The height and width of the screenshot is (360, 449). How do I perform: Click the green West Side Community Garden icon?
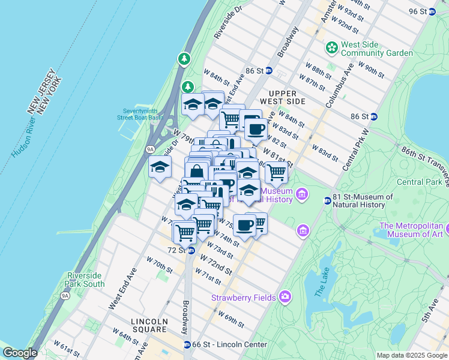331,47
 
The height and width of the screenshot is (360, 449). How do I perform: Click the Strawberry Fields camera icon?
285,297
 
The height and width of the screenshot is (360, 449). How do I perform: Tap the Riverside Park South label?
86,280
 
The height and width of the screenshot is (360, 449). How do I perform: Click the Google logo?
20,353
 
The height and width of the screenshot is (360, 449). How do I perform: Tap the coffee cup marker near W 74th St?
244,225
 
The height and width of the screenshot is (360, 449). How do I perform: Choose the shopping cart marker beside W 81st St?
276,172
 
